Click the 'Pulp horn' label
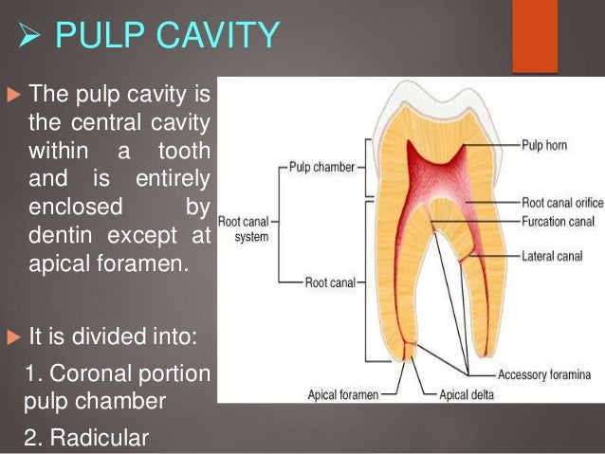(x=544, y=147)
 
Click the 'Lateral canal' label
(x=551, y=256)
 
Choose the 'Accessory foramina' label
(x=544, y=374)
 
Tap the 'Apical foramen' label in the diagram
(x=342, y=392)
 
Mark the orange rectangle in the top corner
(x=535, y=36)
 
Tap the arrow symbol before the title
(x=30, y=38)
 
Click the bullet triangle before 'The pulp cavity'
(x=13, y=95)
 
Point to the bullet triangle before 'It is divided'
(x=13, y=337)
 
